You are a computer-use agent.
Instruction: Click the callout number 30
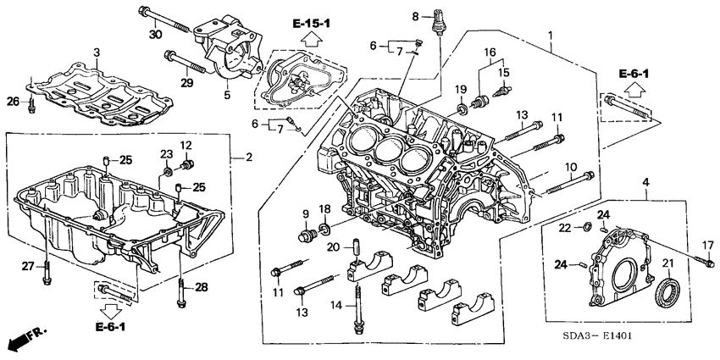tap(154, 34)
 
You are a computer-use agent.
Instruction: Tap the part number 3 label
tap(97, 53)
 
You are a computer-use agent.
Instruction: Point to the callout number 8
tap(415, 16)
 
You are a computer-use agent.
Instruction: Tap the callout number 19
tap(462, 91)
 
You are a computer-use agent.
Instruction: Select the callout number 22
tap(564, 228)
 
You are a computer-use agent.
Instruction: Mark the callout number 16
tap(490, 53)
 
